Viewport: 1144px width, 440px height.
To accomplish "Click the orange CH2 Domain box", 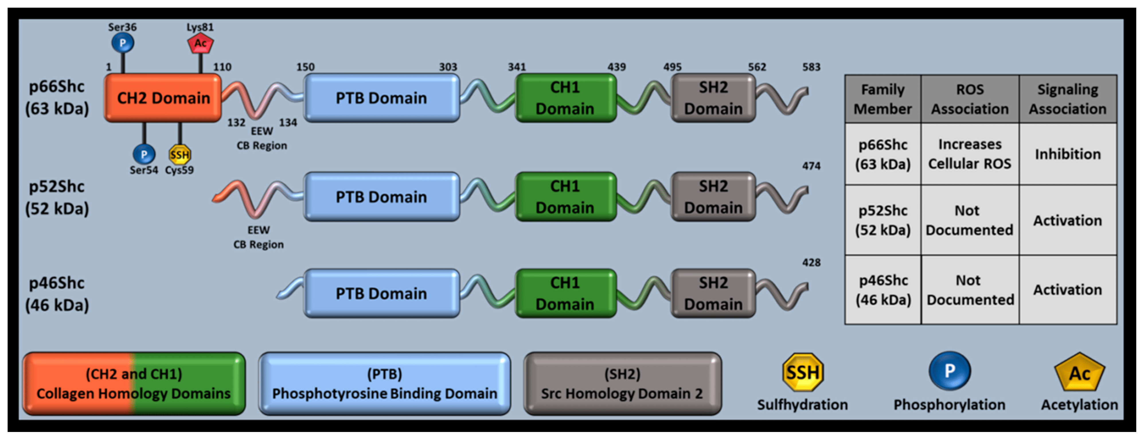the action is click(x=163, y=98).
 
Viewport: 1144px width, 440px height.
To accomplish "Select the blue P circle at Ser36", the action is click(x=123, y=43).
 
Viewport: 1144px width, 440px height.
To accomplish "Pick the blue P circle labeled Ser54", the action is click(x=144, y=154).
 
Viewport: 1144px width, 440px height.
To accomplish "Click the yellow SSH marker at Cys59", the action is click(x=180, y=154).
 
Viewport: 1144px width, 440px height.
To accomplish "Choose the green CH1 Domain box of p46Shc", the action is click(x=565, y=293).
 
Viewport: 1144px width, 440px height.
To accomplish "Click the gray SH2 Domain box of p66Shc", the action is click(x=713, y=98).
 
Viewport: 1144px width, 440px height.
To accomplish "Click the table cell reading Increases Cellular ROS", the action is click(x=970, y=154).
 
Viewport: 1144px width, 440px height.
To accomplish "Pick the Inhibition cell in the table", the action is click(x=1068, y=154).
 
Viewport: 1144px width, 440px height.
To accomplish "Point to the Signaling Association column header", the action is click(x=1068, y=99).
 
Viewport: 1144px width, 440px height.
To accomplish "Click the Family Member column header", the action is click(x=883, y=99).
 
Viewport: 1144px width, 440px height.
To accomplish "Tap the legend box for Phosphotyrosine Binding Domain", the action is click(x=384, y=383).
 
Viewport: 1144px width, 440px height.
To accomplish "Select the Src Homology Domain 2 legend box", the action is click(x=622, y=383).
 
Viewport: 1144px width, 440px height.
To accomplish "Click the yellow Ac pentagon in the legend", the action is click(x=1079, y=373).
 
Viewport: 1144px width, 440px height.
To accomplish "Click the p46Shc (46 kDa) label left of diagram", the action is click(x=57, y=294).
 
